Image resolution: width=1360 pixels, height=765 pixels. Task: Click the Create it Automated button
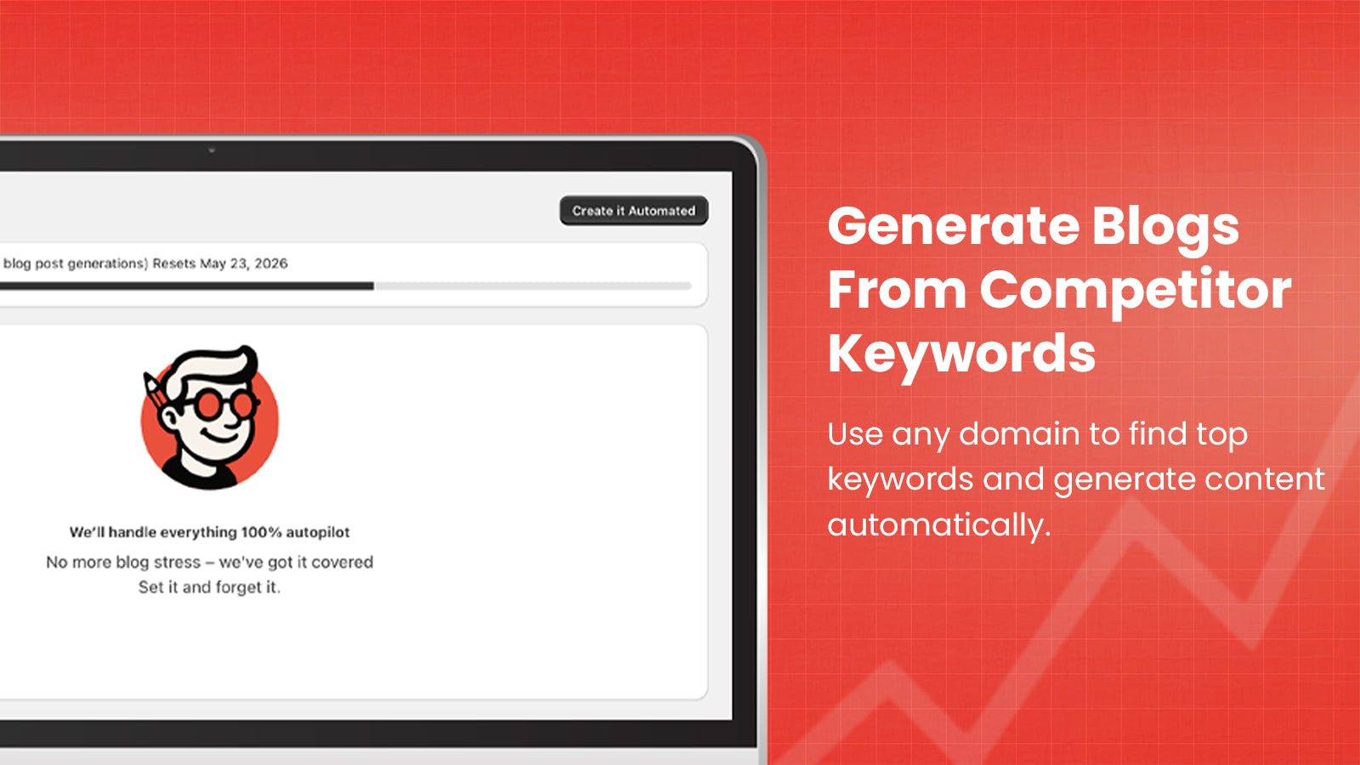click(633, 211)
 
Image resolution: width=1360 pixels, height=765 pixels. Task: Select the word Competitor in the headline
click(1136, 290)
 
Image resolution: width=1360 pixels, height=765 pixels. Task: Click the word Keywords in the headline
click(961, 354)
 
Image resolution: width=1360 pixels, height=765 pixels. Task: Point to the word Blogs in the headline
click(1164, 227)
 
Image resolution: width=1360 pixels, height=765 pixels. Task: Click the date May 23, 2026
click(244, 263)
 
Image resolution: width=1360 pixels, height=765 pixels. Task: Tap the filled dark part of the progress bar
click(187, 286)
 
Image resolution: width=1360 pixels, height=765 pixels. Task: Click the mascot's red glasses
click(224, 404)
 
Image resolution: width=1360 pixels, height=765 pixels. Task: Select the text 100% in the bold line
click(261, 532)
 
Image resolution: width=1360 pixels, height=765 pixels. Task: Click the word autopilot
click(318, 532)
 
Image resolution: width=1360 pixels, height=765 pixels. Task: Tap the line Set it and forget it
click(209, 587)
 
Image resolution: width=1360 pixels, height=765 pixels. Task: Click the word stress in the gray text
click(177, 562)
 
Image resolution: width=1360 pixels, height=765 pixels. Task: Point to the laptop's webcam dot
click(212, 150)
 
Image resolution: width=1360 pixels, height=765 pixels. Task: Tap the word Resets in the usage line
click(174, 263)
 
